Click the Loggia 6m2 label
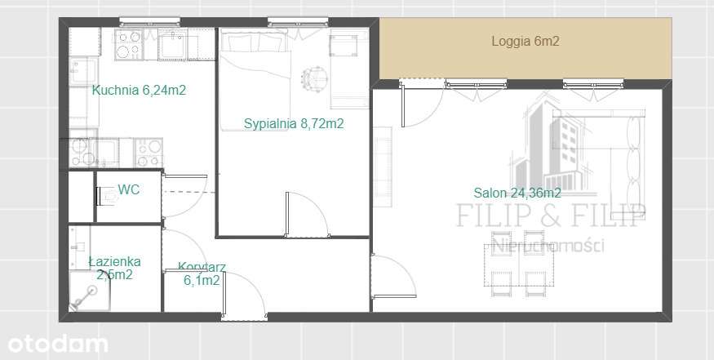point(525,42)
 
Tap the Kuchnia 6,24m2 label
point(139,91)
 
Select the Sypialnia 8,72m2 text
point(294,123)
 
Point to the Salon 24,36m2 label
point(517,193)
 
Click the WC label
point(129,189)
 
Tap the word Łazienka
point(115,261)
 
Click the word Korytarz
point(202,267)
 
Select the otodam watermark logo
point(57,344)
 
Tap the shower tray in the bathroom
point(90,291)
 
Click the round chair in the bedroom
point(314,79)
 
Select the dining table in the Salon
point(519,264)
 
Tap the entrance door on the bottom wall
point(244,296)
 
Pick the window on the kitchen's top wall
point(150,21)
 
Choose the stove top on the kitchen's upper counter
point(129,44)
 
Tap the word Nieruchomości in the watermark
point(549,245)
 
